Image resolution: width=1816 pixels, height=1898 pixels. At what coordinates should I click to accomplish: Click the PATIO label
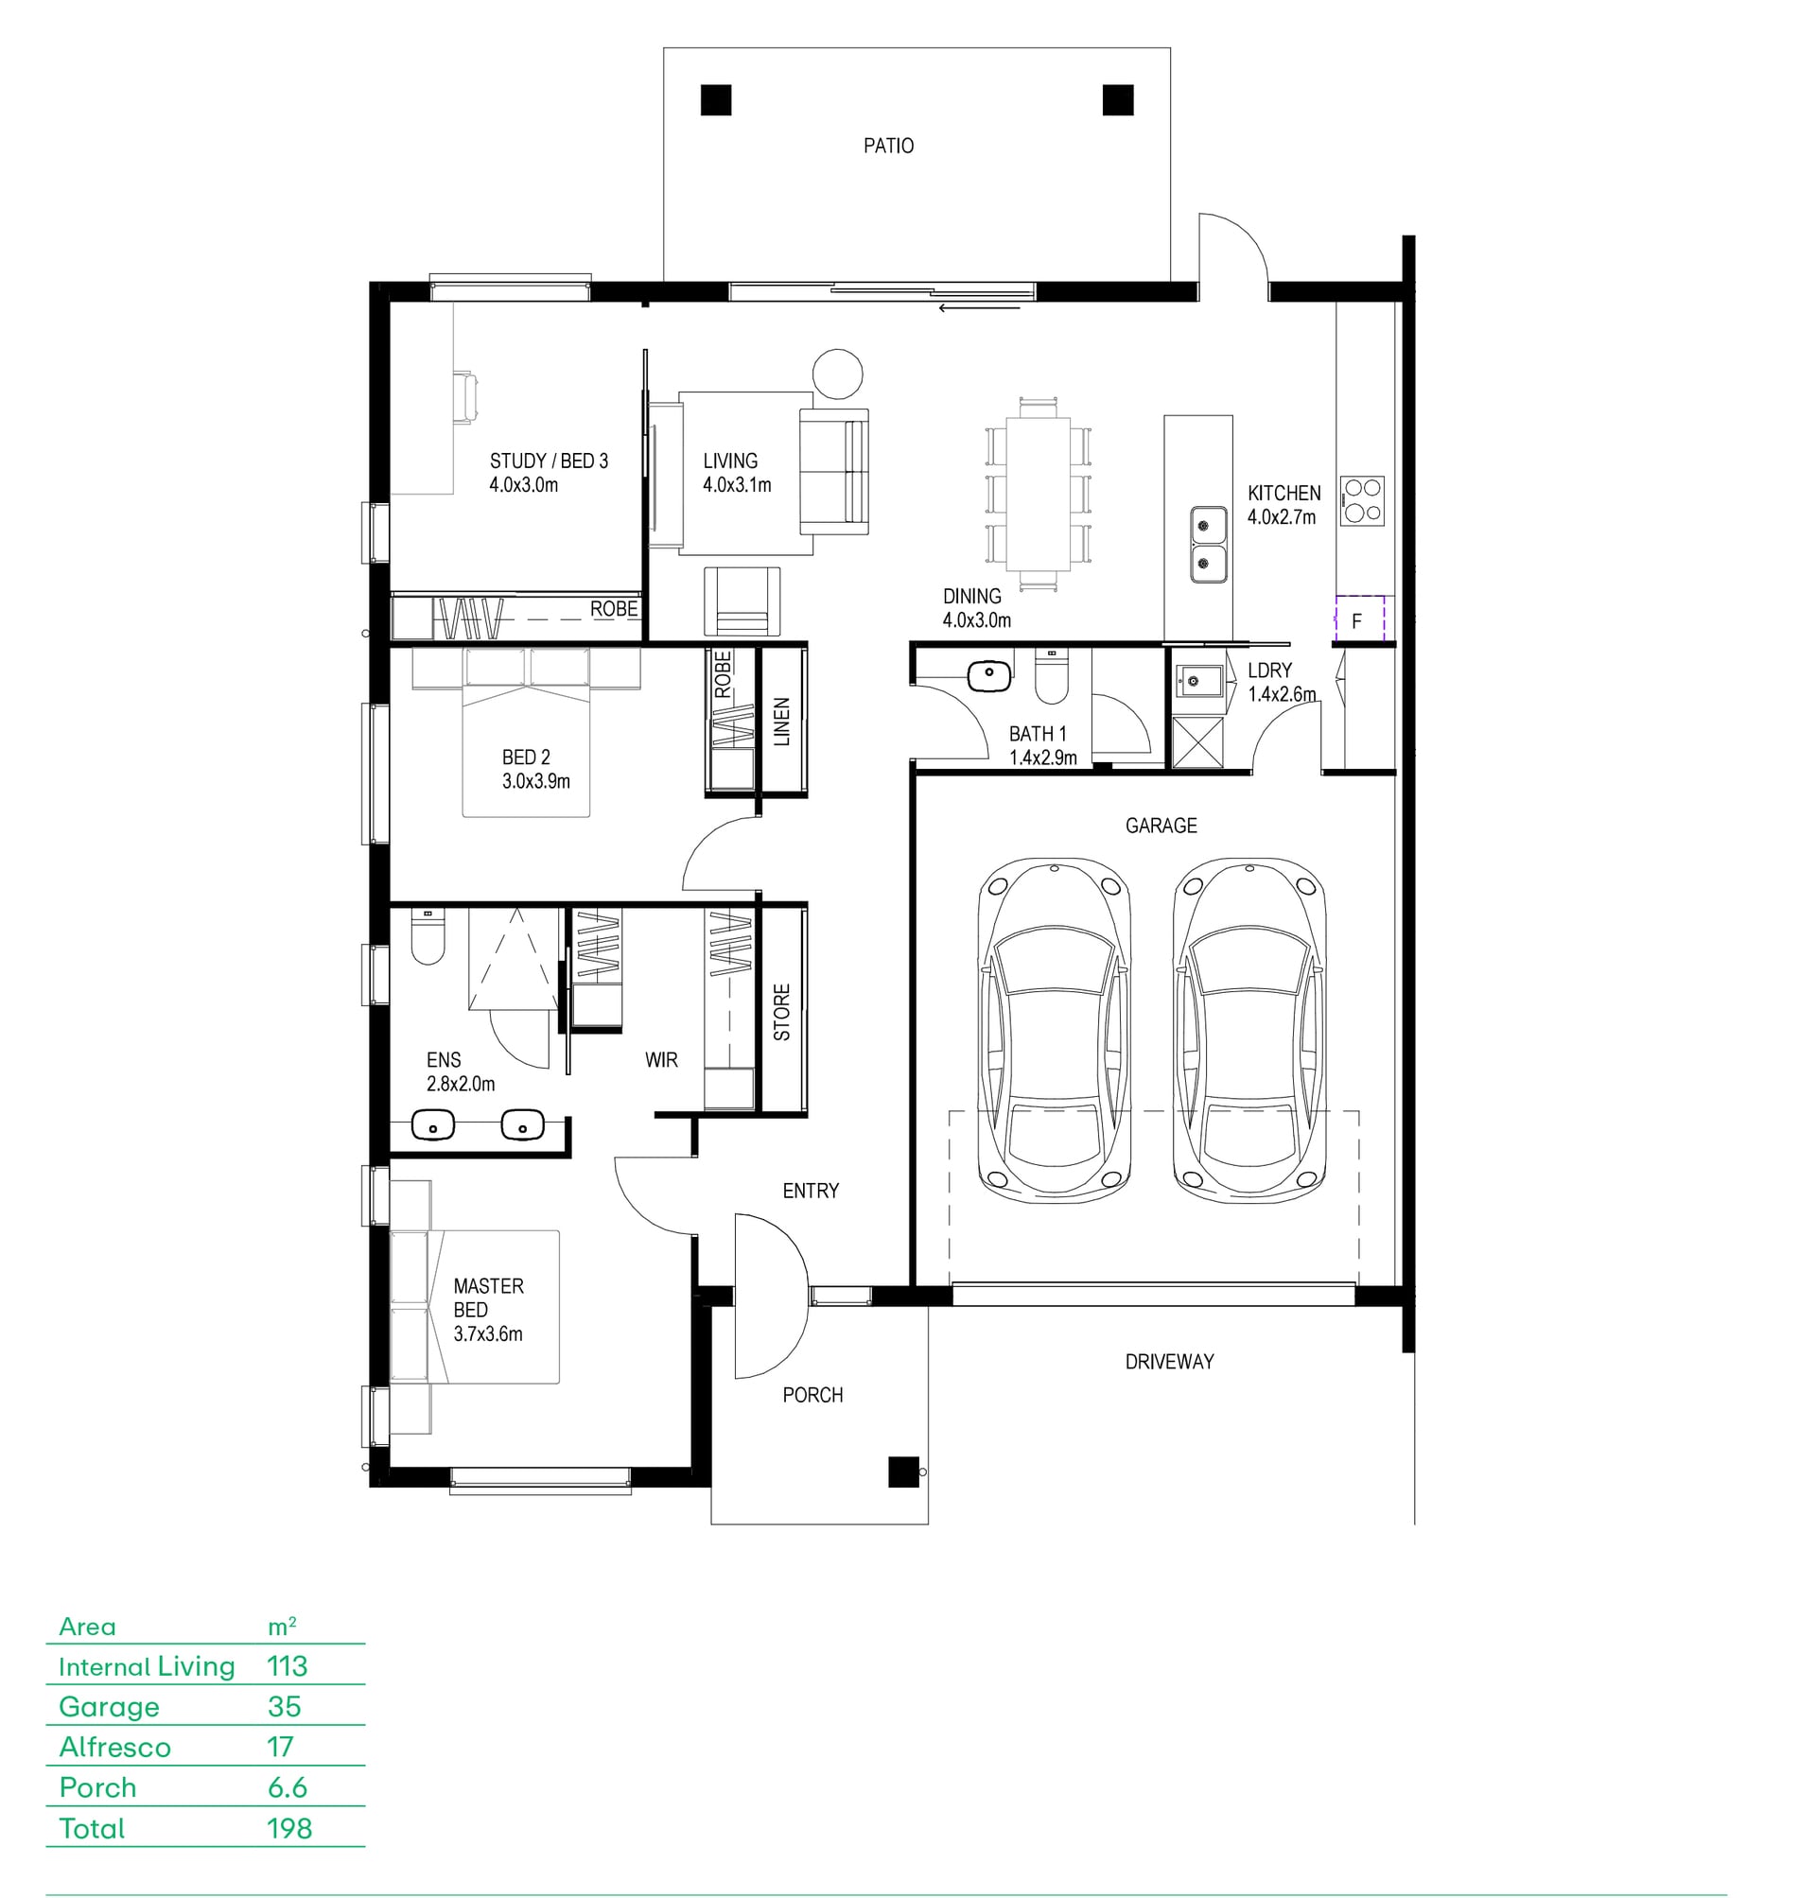point(888,147)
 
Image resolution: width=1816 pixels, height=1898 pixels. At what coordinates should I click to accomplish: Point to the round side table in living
point(837,374)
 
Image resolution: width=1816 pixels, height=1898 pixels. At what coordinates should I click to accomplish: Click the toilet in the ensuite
point(427,937)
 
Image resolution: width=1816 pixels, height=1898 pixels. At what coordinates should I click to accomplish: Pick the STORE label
point(781,1013)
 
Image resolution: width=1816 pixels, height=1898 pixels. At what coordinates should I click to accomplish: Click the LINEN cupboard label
point(781,721)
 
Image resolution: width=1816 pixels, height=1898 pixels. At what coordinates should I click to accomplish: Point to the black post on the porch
point(903,1472)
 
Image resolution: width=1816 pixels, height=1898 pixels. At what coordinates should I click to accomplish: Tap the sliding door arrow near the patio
point(979,308)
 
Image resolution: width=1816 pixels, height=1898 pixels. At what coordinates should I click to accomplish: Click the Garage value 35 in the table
point(285,1706)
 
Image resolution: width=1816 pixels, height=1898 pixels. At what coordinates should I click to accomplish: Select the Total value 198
point(289,1828)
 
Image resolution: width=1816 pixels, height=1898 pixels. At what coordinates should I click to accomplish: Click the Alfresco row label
point(115,1747)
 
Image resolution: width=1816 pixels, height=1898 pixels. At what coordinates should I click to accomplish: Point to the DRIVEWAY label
point(1169,1362)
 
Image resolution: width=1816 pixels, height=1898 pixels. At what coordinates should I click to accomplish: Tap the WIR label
point(661,1060)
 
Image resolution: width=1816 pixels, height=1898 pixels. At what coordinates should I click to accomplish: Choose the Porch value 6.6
point(288,1787)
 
